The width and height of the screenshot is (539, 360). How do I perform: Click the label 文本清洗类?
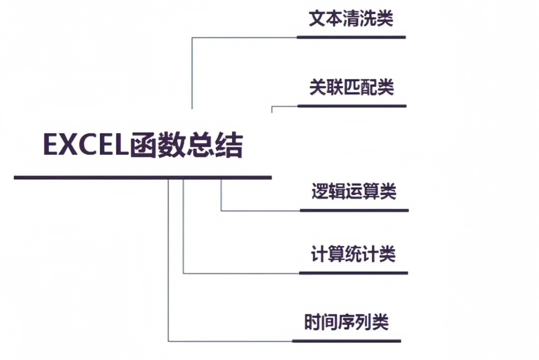351,19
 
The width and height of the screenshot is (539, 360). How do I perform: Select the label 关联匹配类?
351,87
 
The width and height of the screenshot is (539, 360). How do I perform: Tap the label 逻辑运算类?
354,192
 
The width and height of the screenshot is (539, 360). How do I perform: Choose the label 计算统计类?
353,254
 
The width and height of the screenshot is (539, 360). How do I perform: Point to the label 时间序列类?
346,322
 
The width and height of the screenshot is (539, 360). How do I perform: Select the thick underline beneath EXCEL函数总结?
143,177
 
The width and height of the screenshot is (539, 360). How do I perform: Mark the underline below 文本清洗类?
351,37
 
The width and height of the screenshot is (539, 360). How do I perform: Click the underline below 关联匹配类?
352,106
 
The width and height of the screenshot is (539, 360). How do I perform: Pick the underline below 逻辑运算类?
354,210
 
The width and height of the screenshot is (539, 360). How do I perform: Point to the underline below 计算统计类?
353,273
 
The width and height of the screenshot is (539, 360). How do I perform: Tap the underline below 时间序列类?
346,341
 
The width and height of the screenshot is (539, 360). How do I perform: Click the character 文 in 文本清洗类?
317,19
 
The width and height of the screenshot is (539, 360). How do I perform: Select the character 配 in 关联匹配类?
368,87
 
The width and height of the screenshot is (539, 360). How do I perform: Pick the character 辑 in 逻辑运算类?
337,192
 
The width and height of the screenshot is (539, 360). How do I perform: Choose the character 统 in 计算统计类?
353,254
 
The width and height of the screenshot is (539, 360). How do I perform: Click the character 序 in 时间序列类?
346,322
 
